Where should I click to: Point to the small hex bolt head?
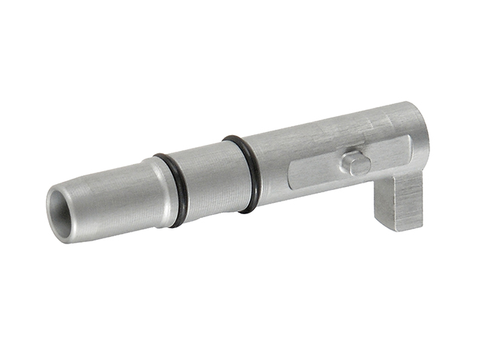(355, 162)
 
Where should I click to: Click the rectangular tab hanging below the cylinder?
(399, 202)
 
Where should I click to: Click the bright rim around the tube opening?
(51, 204)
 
